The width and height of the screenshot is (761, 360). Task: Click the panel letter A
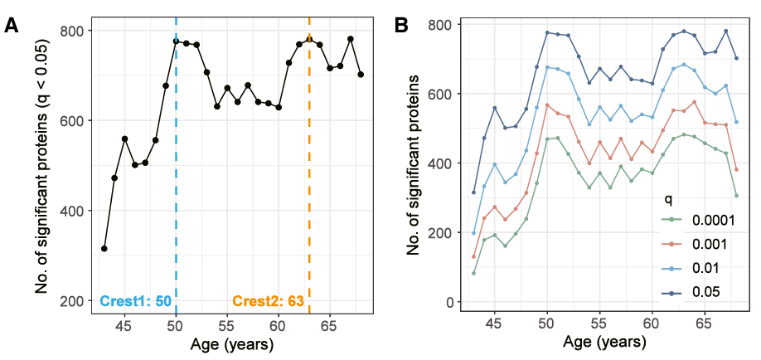(x=12, y=25)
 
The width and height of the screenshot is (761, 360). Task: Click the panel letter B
(x=400, y=25)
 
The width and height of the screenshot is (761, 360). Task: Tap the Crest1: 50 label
(x=135, y=301)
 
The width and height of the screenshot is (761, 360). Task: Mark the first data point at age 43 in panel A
(x=104, y=249)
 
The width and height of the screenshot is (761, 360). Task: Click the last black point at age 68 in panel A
(x=361, y=75)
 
